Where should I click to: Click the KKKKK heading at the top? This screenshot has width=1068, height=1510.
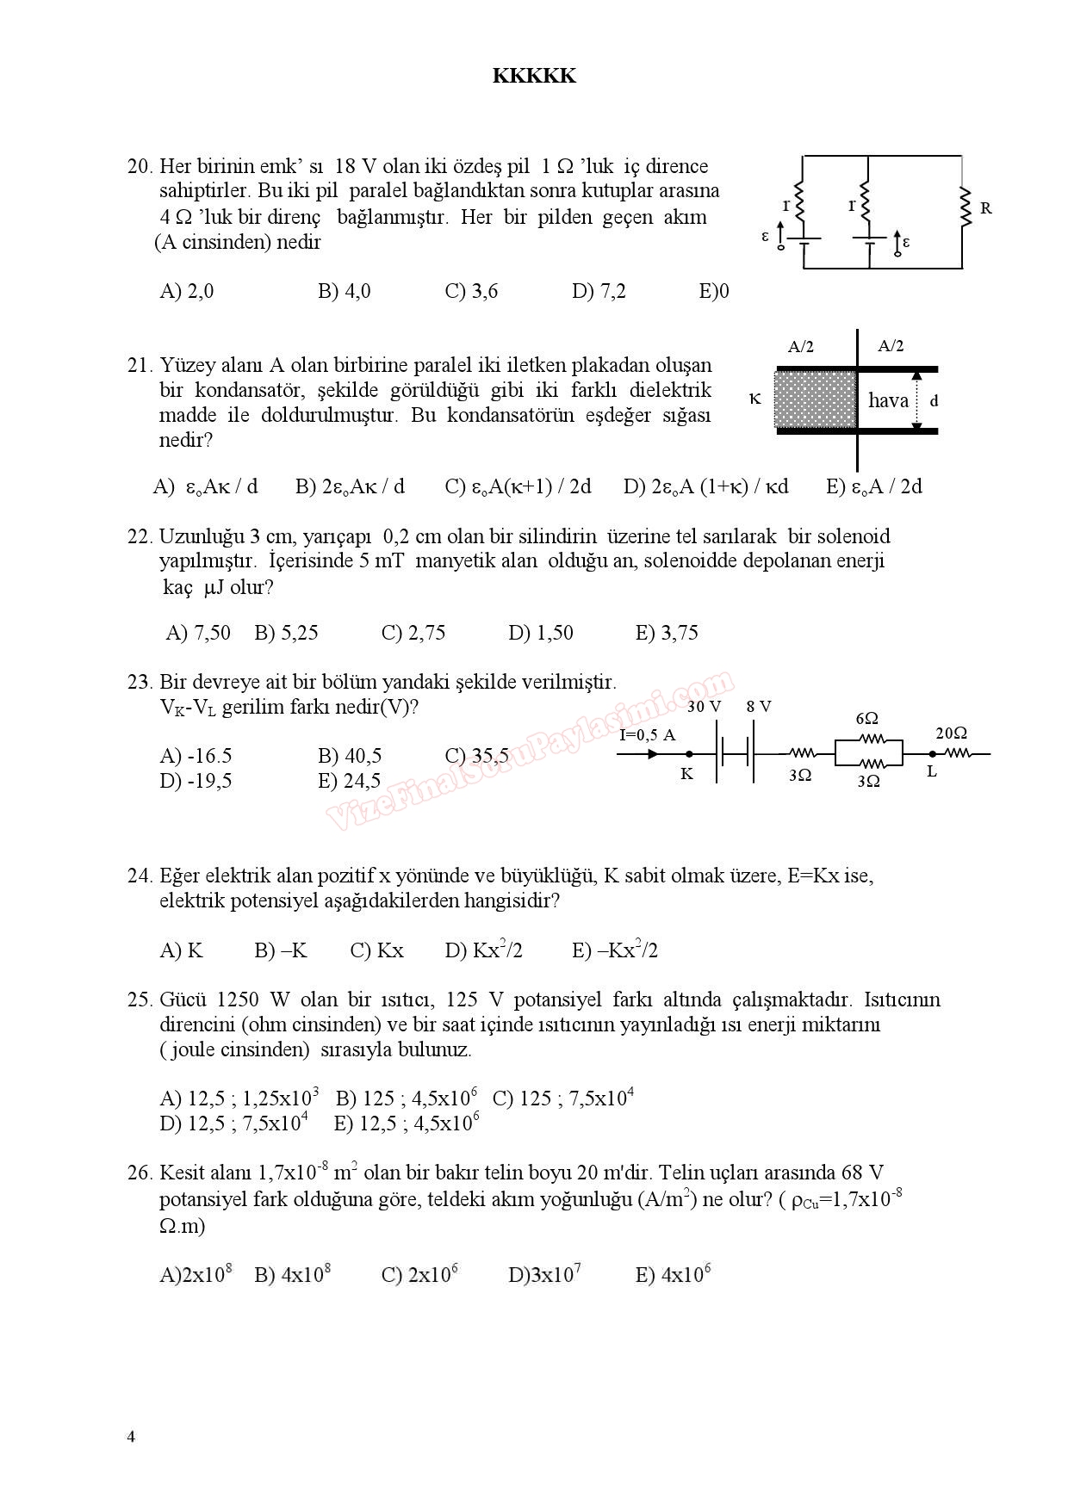[x=534, y=76]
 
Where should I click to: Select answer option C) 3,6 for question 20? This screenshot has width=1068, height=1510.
[x=471, y=291]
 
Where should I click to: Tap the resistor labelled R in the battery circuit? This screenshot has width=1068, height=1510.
[x=966, y=207]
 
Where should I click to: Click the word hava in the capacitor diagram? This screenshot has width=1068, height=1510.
[x=888, y=399]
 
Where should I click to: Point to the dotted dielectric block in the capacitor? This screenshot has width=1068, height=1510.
[x=816, y=398]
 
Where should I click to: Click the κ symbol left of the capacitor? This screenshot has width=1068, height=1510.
[x=755, y=399]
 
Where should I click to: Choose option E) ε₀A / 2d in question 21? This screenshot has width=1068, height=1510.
[x=874, y=486]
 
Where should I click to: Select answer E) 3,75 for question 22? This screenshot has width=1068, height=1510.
[x=667, y=633]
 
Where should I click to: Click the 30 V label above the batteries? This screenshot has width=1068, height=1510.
[x=704, y=707]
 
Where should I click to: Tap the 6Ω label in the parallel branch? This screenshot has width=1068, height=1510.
[x=867, y=718]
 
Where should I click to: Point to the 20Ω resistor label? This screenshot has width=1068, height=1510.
[x=951, y=733]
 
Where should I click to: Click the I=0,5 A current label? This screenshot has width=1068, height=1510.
[x=648, y=734]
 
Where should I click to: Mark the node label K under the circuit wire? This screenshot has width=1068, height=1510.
[x=686, y=774]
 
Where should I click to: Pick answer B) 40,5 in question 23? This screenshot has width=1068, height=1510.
[x=350, y=756]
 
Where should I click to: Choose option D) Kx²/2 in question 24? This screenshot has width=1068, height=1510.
[x=483, y=950]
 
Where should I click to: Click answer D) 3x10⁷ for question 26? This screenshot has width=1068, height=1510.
[x=544, y=1274]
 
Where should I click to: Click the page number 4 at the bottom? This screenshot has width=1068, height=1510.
[x=131, y=1436]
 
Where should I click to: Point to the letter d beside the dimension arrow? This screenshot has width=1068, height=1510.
[x=934, y=400]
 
